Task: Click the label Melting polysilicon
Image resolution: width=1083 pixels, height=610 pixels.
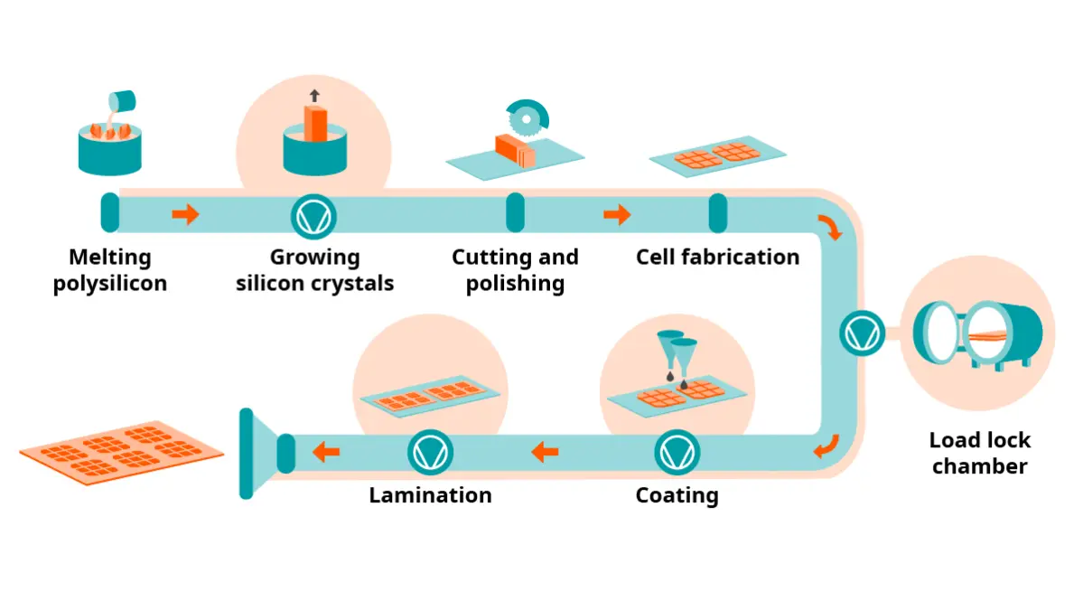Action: tap(110, 270)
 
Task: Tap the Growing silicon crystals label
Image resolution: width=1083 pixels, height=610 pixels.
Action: tap(315, 270)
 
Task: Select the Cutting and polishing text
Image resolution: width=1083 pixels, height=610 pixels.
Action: tap(515, 270)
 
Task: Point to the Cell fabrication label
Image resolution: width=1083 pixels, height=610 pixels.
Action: tap(717, 257)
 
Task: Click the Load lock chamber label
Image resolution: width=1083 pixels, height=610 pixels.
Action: tap(979, 453)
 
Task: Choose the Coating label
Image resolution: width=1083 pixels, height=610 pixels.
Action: tap(677, 495)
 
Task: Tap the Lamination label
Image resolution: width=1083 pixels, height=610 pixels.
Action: tap(430, 494)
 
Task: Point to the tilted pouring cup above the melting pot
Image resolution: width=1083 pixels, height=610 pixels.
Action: tap(122, 102)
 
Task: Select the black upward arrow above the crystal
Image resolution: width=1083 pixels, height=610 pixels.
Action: tap(315, 96)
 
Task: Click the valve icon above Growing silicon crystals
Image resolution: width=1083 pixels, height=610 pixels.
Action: tap(313, 217)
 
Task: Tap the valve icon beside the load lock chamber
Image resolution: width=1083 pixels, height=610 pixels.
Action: tap(862, 333)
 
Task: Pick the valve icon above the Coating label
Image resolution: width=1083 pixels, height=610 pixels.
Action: tap(677, 453)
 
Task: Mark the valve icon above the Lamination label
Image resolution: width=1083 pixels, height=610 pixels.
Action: tap(430, 453)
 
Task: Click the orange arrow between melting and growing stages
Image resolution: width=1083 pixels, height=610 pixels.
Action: tap(185, 214)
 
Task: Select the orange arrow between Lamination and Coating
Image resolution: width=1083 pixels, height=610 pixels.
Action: tap(545, 453)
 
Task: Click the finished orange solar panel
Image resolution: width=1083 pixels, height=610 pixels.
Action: tap(122, 453)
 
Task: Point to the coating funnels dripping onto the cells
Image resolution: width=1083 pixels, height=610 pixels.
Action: tap(677, 356)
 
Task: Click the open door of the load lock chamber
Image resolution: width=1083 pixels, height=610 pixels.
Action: tap(937, 333)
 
